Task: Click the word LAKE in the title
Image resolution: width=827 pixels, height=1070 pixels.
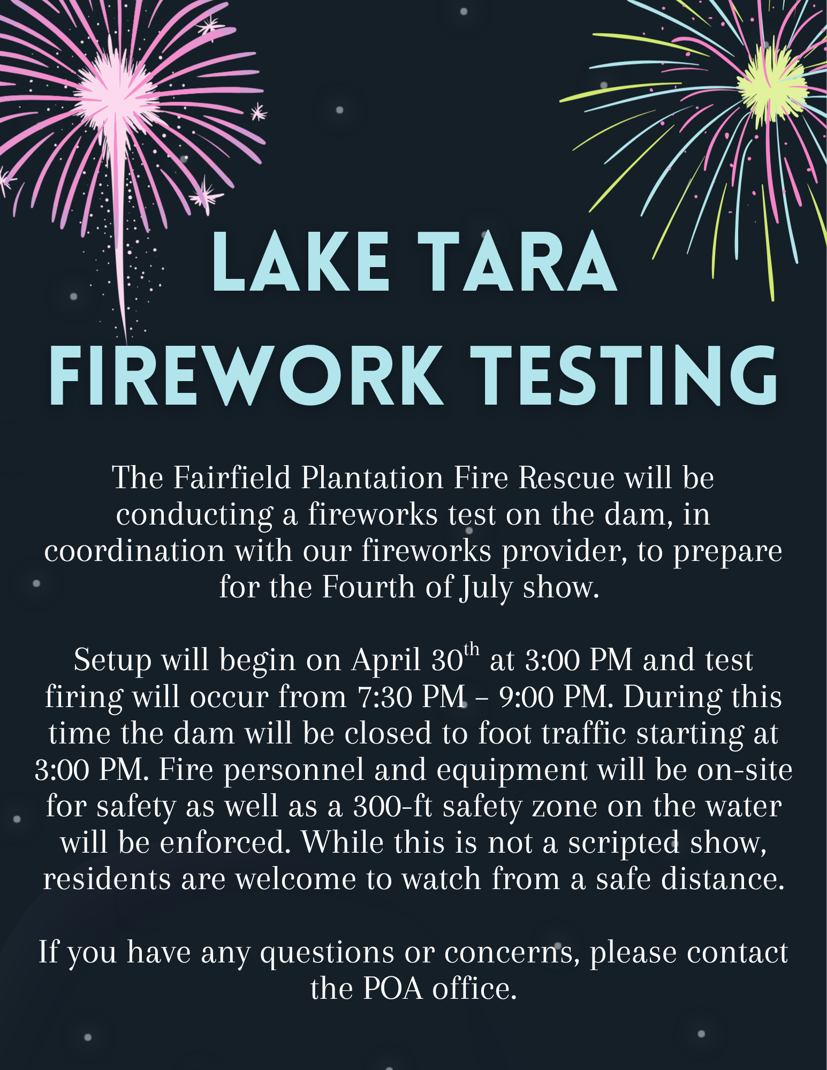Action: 301,262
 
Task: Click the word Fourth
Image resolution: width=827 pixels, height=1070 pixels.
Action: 369,587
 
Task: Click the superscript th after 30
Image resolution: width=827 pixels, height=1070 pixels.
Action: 472,650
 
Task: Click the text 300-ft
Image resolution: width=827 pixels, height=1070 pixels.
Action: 393,806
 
